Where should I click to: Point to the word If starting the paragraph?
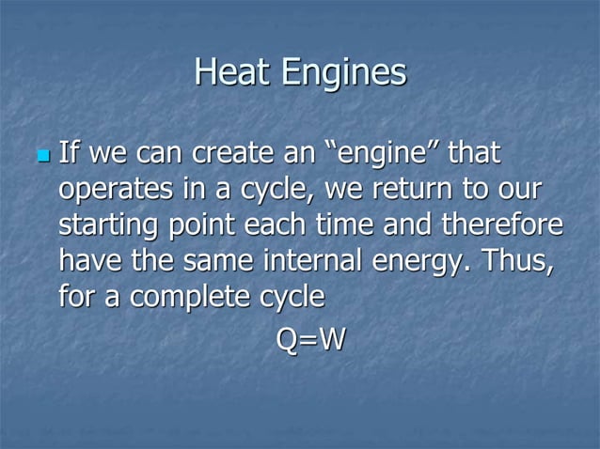(x=68, y=152)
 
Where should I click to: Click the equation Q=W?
(x=310, y=339)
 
